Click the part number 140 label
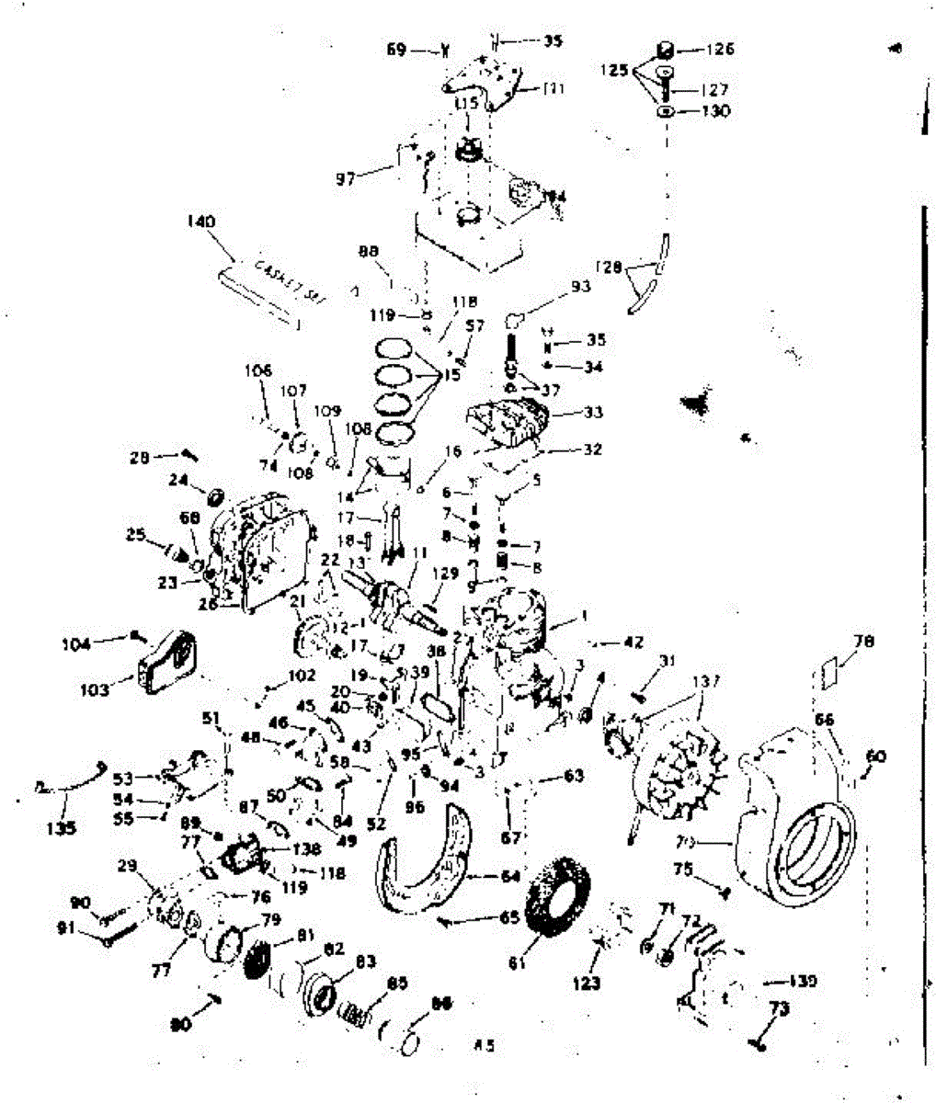pyautogui.click(x=200, y=222)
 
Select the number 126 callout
pyautogui.click(x=720, y=49)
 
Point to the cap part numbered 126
pyautogui.click(x=665, y=49)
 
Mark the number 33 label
pyautogui.click(x=593, y=413)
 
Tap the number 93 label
pyautogui.click(x=580, y=286)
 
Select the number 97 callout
pyautogui.click(x=345, y=178)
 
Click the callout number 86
pyautogui.click(x=441, y=1005)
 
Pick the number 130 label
pyautogui.click(x=716, y=111)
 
